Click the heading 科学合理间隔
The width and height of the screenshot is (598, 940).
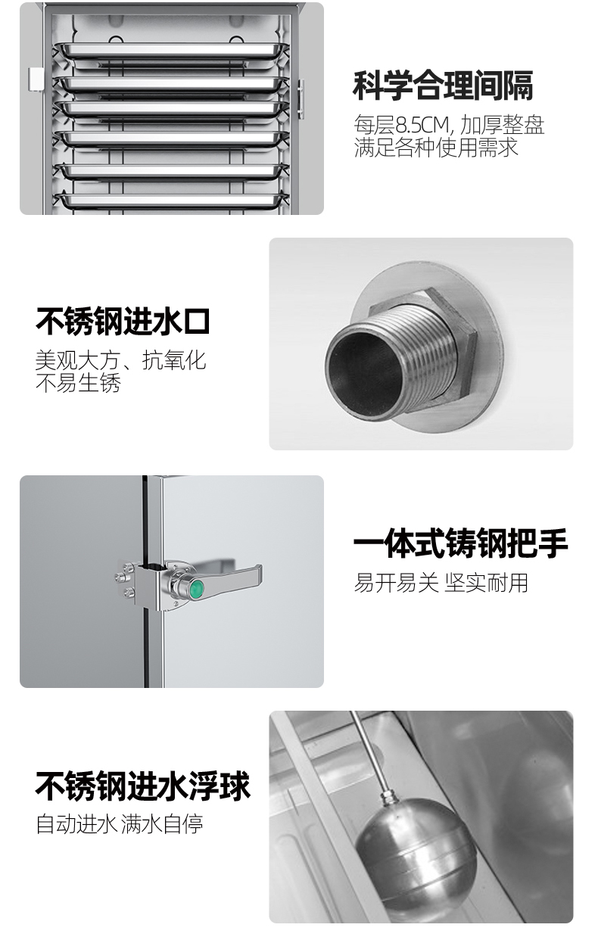pyautogui.click(x=443, y=86)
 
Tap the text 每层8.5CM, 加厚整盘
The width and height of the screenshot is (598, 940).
pyautogui.click(x=449, y=125)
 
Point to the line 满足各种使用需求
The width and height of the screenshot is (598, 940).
pyautogui.click(x=436, y=148)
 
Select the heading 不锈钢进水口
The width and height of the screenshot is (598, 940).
pyautogui.click(x=123, y=322)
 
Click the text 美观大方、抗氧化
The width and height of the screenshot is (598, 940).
pyautogui.click(x=121, y=360)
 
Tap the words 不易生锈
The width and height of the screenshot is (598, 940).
pyautogui.click(x=79, y=383)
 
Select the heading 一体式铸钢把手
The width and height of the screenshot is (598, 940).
pyautogui.click(x=460, y=544)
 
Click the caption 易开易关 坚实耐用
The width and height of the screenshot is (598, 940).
pyautogui.click(x=441, y=583)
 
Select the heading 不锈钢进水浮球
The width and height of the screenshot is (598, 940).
pyautogui.click(x=142, y=786)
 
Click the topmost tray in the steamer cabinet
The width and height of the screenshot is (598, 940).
pyautogui.click(x=171, y=51)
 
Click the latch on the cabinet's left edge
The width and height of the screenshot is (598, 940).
pyautogui.click(x=36, y=79)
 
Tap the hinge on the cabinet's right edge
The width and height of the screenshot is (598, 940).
pyautogui.click(x=301, y=99)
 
